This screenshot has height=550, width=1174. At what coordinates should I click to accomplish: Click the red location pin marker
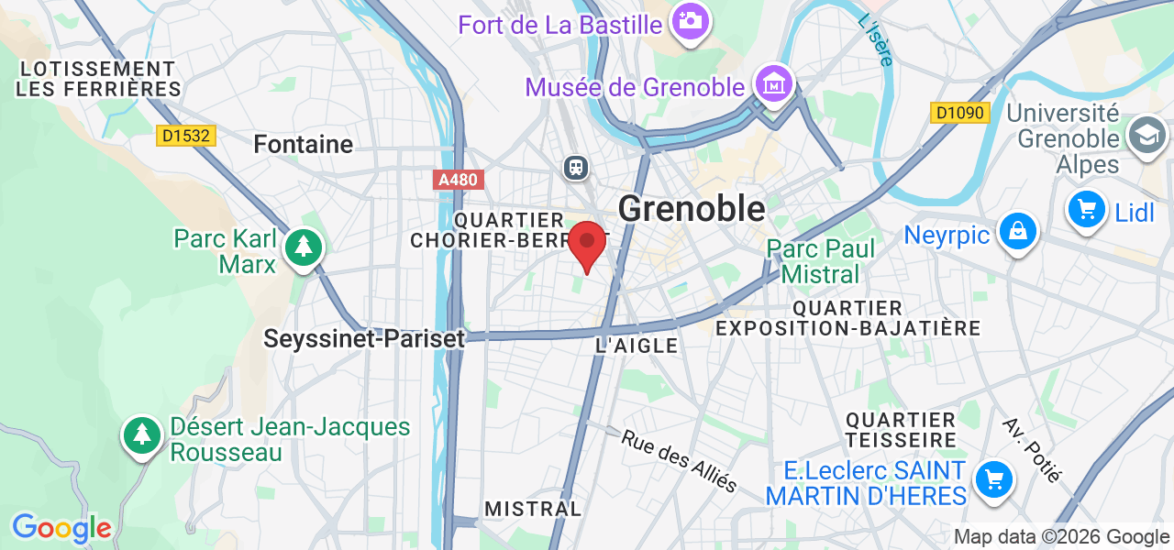click(587, 244)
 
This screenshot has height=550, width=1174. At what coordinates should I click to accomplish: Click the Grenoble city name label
click(692, 209)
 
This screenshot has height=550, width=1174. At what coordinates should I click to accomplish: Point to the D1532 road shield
click(185, 136)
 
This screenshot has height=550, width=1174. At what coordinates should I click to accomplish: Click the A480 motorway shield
click(458, 180)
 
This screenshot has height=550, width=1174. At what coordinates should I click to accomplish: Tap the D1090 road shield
click(959, 114)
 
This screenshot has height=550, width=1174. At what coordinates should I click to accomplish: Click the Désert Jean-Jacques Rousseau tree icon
click(142, 434)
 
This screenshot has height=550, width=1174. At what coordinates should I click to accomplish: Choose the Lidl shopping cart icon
click(1087, 210)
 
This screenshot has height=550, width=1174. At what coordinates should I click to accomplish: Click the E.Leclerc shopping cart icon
click(992, 479)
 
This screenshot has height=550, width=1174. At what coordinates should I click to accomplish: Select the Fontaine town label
click(303, 144)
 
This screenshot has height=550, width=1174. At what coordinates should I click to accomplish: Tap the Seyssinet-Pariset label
click(364, 338)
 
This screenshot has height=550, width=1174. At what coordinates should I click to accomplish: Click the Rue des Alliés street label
click(680, 460)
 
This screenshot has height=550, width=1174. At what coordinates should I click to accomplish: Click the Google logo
click(61, 529)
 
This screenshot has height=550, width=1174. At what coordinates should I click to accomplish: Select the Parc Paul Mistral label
click(821, 261)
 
